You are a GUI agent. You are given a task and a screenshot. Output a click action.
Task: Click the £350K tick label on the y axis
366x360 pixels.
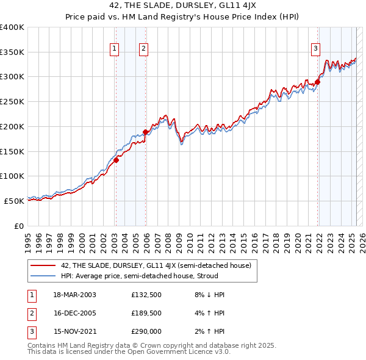[x=12, y=52]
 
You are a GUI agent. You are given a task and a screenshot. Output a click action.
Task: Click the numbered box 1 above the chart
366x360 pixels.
[x=115, y=49]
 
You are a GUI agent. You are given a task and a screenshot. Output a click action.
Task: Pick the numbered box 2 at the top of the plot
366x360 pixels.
[x=143, y=49]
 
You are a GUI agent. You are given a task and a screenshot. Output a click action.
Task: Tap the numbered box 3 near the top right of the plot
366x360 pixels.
[x=315, y=49]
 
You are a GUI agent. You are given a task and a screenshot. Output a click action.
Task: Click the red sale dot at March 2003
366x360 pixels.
[x=116, y=160]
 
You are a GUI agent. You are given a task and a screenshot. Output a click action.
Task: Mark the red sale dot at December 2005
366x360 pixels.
[x=146, y=132]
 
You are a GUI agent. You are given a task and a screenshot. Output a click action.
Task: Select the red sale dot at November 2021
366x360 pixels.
[x=318, y=82]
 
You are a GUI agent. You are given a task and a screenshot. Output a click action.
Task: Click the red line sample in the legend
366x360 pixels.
[x=43, y=265]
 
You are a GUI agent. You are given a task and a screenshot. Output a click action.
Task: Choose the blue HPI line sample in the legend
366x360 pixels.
[x=43, y=276]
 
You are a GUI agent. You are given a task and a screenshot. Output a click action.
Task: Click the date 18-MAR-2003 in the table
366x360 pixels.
[x=74, y=295]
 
